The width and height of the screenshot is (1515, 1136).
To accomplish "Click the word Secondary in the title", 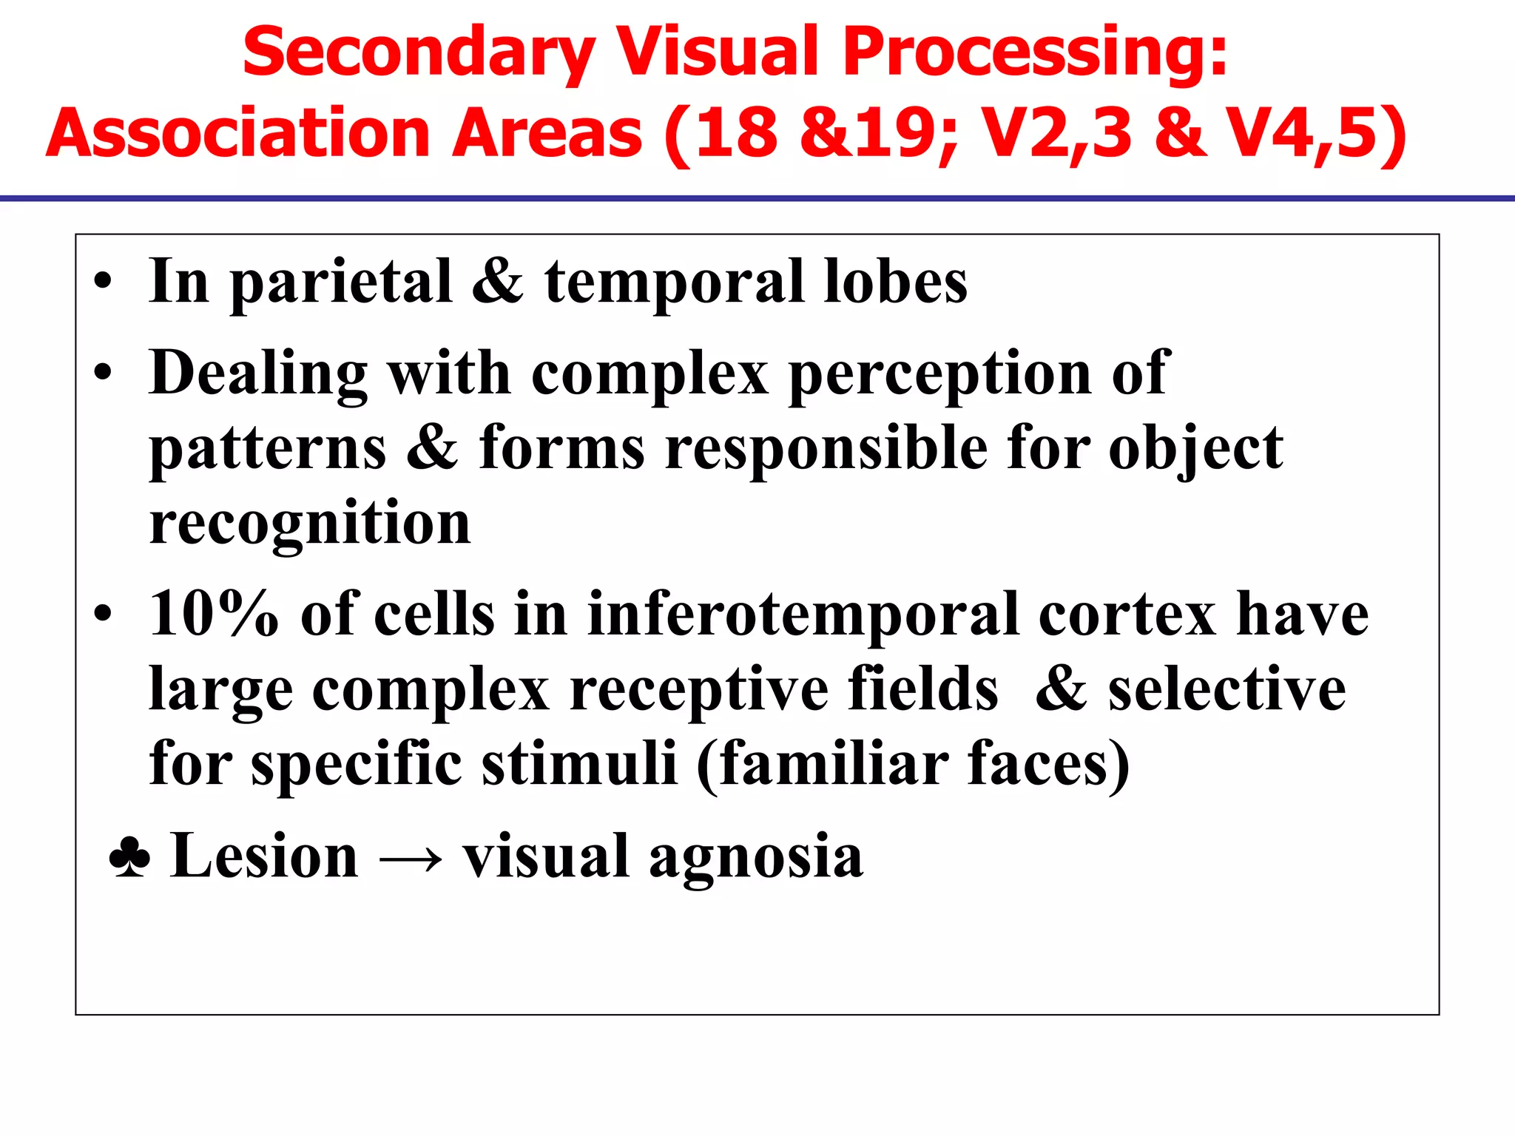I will click(x=419, y=53).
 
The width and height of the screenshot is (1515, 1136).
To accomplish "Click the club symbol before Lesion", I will click(x=129, y=858).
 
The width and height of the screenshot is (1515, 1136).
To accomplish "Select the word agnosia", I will click(x=756, y=858).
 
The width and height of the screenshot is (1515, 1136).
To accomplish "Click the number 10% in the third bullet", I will click(x=214, y=614).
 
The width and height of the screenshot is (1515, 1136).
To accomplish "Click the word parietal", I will click(x=341, y=283).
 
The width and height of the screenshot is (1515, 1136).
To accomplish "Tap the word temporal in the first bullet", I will click(x=674, y=283).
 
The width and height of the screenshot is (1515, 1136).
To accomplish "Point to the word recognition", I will click(x=310, y=524).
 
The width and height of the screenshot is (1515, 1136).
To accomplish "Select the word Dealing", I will click(x=258, y=374).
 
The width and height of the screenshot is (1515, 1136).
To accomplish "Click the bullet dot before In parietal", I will click(x=103, y=282).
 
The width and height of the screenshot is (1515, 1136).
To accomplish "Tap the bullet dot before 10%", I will click(x=103, y=614).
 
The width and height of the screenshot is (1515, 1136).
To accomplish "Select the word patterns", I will click(x=268, y=450).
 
